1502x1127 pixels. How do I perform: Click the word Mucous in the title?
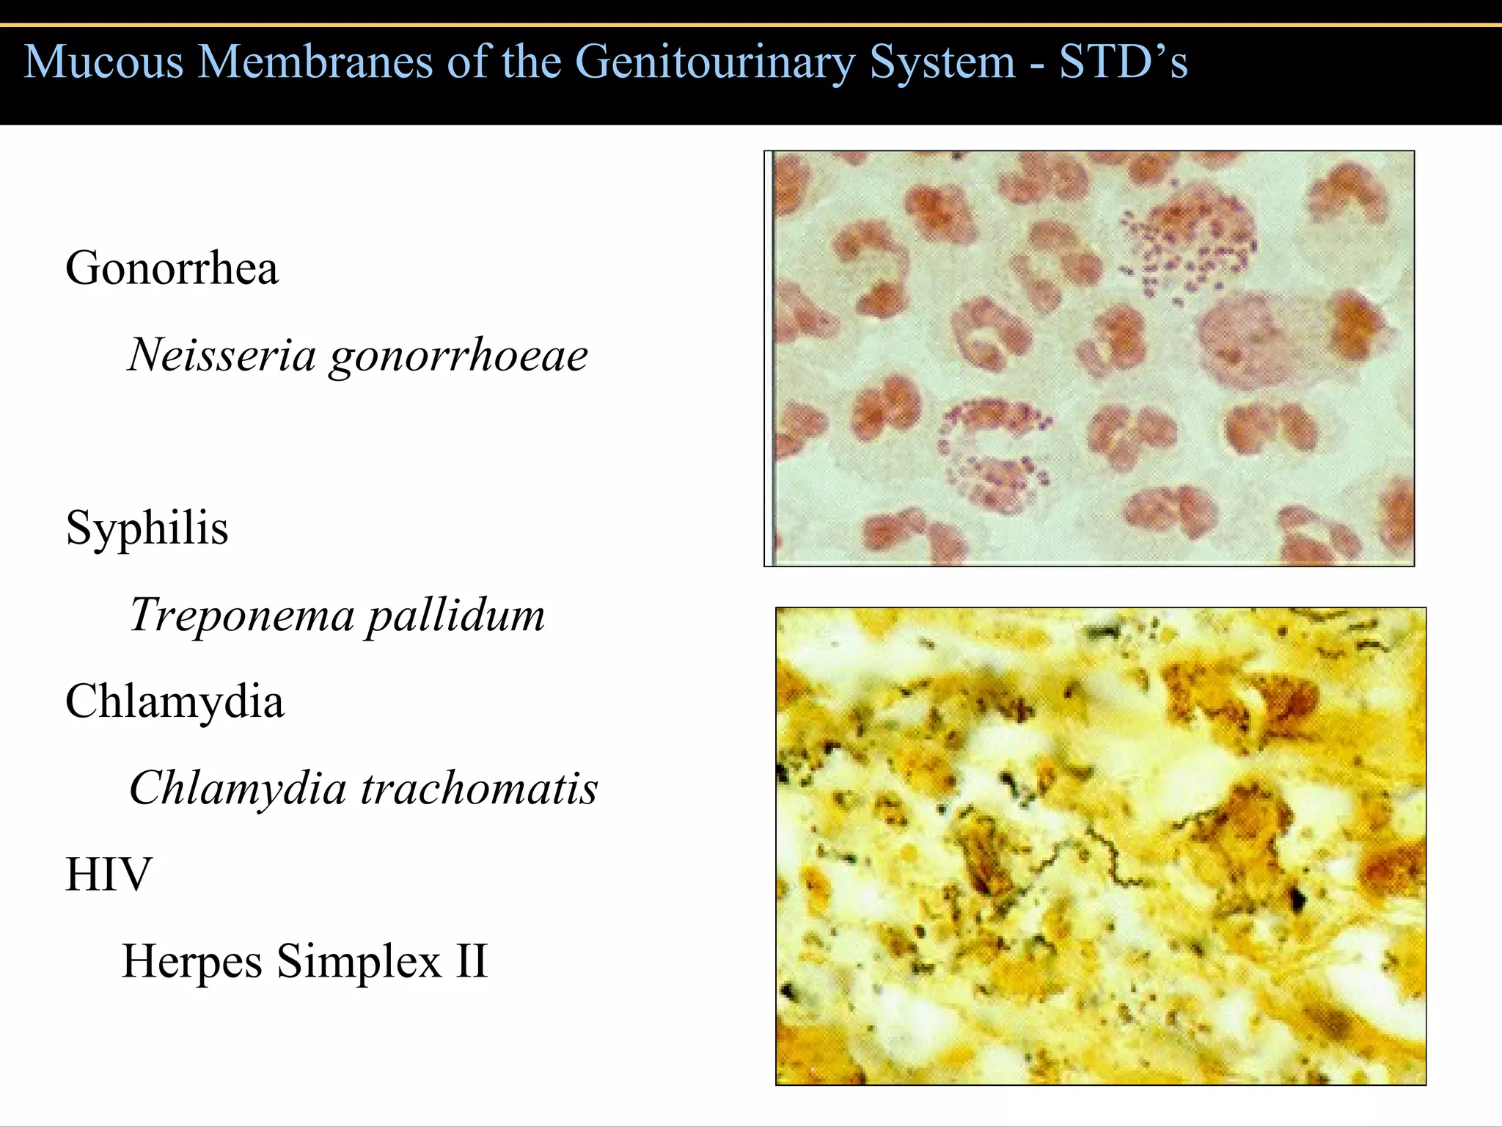(x=103, y=62)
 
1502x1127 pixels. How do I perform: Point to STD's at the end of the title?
(x=1123, y=62)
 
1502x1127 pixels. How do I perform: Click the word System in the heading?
(x=942, y=62)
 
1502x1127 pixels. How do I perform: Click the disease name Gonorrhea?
(x=172, y=268)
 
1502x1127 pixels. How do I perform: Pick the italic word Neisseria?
(x=221, y=355)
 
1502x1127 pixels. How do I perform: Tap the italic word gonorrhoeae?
(x=458, y=357)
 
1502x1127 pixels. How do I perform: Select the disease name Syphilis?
(x=147, y=528)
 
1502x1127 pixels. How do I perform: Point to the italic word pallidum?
(x=455, y=615)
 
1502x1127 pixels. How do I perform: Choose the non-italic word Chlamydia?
(x=175, y=701)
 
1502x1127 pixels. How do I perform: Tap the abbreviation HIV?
(x=109, y=875)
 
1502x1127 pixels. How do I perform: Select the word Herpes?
(x=192, y=961)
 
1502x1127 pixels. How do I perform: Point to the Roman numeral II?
(x=471, y=961)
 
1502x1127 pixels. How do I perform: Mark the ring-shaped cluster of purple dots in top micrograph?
(x=994, y=455)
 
